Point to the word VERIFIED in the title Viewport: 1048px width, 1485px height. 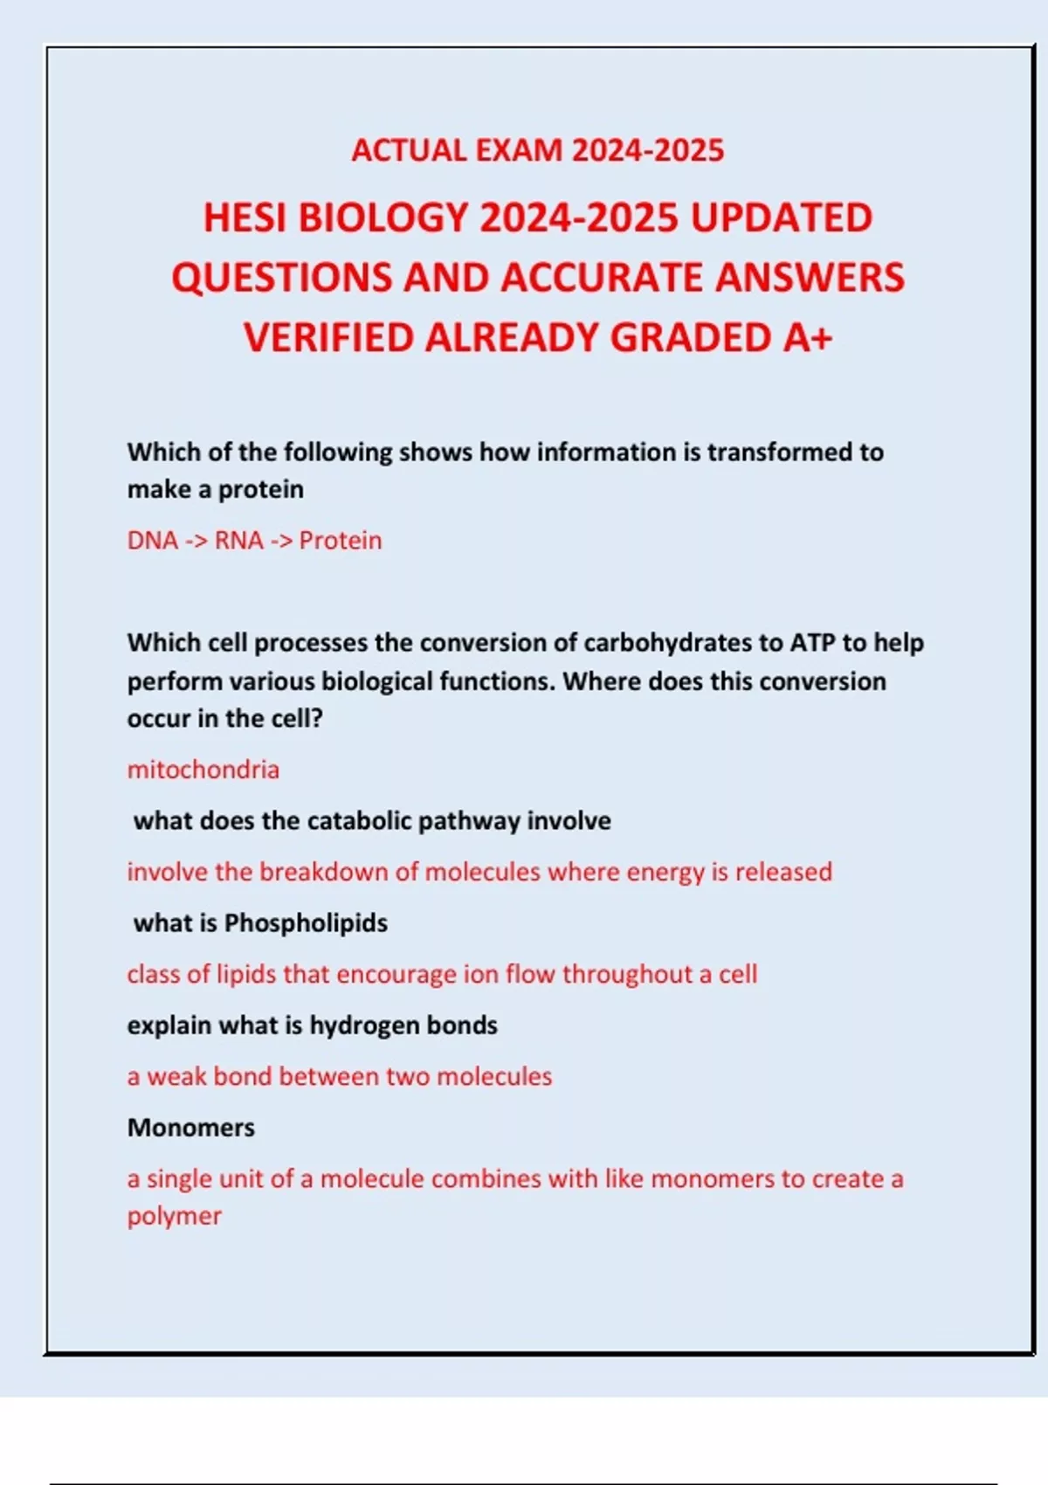[x=328, y=337]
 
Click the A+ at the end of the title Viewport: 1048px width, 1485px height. [x=808, y=337]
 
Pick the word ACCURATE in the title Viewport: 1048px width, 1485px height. [x=602, y=278]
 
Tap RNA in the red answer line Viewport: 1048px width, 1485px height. [x=239, y=541]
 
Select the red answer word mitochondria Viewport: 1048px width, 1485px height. [x=203, y=770]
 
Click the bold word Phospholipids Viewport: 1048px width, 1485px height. [x=306, y=923]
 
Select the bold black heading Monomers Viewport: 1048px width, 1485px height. [x=191, y=1128]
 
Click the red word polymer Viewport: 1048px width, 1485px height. [x=175, y=1217]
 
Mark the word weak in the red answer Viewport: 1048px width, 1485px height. [x=176, y=1076]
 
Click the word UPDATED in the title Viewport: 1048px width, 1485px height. [x=782, y=218]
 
